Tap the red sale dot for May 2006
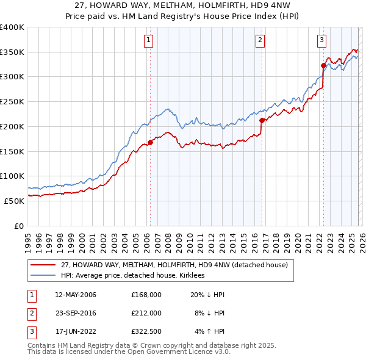[x=150, y=143]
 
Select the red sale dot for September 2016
[x=262, y=121]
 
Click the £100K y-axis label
[x=12, y=176]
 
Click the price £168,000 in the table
[x=146, y=295]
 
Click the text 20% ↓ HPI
[x=208, y=295]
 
